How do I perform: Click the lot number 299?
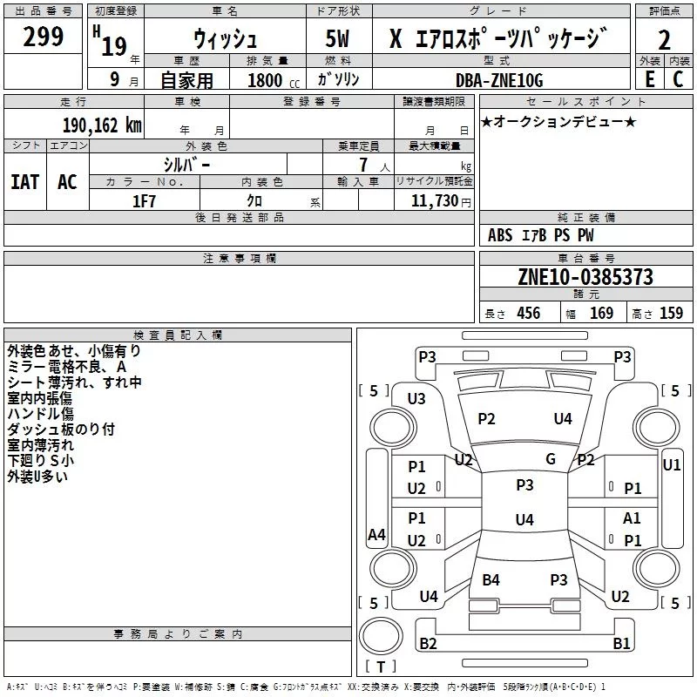(44, 37)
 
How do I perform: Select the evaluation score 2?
(664, 40)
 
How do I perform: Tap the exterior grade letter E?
(649, 78)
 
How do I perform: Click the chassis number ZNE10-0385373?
(585, 277)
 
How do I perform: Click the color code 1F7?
(144, 201)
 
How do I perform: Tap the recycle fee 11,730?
(434, 201)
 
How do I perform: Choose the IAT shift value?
(25, 181)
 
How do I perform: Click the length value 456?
(528, 314)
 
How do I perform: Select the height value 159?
(671, 314)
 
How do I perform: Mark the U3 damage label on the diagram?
(416, 399)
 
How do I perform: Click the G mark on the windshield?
(550, 459)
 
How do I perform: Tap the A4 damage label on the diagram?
(376, 535)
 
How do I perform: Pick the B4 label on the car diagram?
(491, 579)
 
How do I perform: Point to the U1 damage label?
(671, 465)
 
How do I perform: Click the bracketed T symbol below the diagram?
(381, 667)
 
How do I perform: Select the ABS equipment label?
(500, 235)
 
